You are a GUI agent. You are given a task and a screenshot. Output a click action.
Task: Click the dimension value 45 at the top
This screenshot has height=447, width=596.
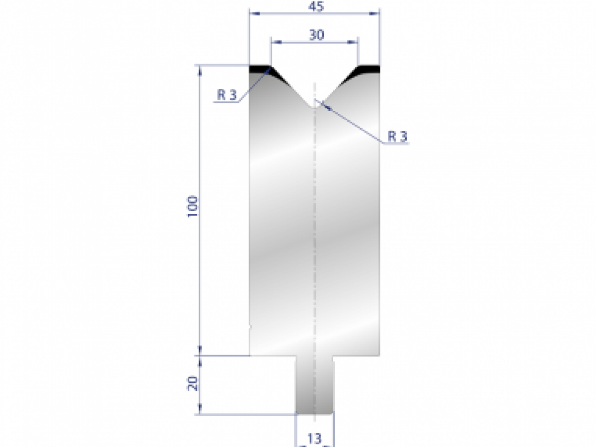tap(315, 6)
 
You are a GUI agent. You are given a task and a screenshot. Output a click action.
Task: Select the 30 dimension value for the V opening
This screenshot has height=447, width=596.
tap(317, 35)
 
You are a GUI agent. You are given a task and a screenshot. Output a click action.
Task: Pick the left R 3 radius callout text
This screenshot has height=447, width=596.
tap(226, 95)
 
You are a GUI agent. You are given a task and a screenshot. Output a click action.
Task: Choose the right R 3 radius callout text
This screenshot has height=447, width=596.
tap(397, 137)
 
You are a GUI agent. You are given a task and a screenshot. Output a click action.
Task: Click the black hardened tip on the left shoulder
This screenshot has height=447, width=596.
tap(260, 69)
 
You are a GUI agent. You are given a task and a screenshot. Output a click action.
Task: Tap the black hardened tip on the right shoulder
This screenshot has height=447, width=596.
tap(369, 69)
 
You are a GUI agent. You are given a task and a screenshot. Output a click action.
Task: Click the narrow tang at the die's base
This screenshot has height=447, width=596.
tap(314, 385)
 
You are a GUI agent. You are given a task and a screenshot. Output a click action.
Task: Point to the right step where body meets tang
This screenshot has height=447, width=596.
tap(357, 356)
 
